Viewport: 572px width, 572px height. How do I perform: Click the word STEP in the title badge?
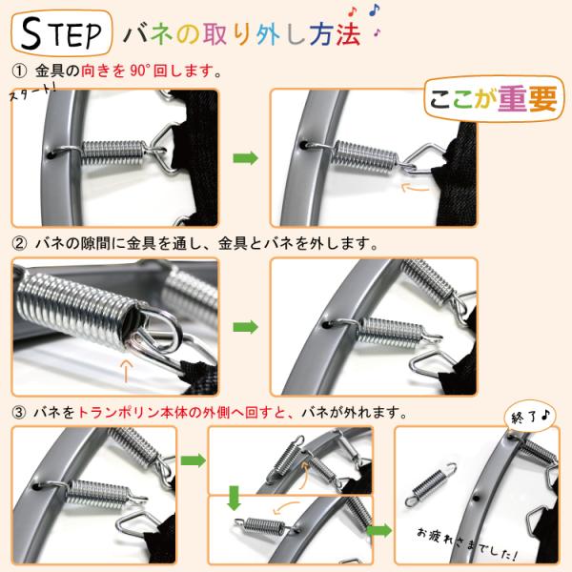pyautogui.click(x=61, y=33)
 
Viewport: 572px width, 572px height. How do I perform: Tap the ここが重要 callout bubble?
pyautogui.click(x=494, y=98)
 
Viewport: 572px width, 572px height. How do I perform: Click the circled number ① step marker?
pyautogui.click(x=19, y=71)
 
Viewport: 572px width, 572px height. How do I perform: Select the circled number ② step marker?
pyautogui.click(x=19, y=243)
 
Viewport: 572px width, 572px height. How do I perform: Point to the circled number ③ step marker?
pyautogui.click(x=19, y=413)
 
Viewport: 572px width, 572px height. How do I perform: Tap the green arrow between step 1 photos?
pyautogui.click(x=246, y=158)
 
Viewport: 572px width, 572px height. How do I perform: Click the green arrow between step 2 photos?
pyautogui.click(x=246, y=327)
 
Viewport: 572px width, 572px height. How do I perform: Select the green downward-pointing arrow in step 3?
pyautogui.click(x=234, y=499)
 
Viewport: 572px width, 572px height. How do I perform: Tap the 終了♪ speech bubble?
pyautogui.click(x=530, y=417)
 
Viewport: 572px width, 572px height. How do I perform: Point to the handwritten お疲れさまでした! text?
pyautogui.click(x=467, y=543)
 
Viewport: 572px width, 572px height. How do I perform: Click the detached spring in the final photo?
pyautogui.click(x=431, y=485)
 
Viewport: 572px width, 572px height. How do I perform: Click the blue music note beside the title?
pyautogui.click(x=375, y=10)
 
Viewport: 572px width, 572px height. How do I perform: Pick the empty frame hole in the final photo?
pyautogui.click(x=476, y=498)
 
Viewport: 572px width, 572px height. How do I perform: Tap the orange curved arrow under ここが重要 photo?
pyautogui.click(x=415, y=188)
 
